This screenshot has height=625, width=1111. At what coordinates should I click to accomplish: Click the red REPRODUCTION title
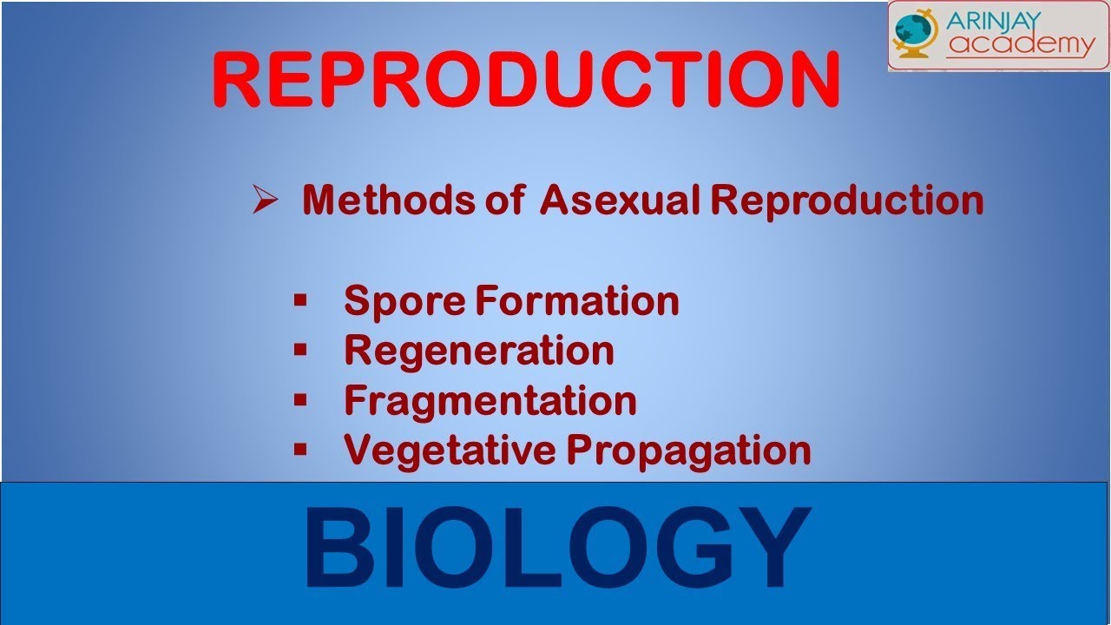tap(526, 79)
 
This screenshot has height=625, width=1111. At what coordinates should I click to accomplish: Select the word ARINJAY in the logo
tap(993, 21)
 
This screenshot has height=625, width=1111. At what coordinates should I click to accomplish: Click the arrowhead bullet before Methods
tap(265, 200)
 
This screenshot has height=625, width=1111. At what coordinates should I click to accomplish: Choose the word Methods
tap(389, 200)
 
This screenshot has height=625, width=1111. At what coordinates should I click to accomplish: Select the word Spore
tap(404, 301)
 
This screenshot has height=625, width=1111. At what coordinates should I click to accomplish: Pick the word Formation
tap(577, 300)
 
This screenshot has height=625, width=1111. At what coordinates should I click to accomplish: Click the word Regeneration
tap(479, 352)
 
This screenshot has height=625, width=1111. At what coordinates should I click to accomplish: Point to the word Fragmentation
tap(490, 401)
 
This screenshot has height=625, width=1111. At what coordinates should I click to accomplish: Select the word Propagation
tap(689, 451)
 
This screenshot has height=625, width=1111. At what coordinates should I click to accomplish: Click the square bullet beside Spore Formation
tap(300, 299)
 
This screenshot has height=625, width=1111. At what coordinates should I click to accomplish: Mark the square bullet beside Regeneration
tap(300, 350)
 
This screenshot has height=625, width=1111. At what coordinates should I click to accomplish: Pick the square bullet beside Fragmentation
tap(300, 400)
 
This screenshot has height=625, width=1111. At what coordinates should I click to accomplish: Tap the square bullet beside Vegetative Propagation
tap(300, 450)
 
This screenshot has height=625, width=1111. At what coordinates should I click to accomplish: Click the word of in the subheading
tap(505, 200)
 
